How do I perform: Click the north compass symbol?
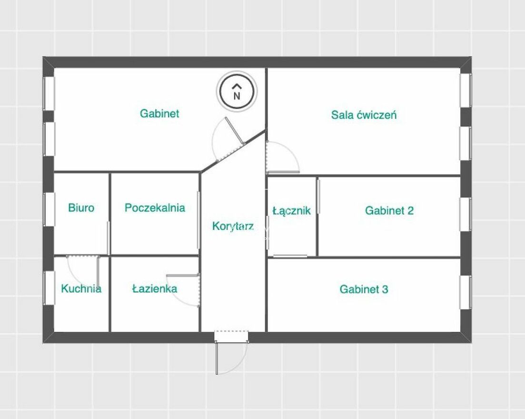(237, 91)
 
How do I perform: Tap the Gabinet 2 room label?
(389, 210)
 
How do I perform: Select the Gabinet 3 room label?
(364, 289)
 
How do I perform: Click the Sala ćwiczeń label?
(364, 115)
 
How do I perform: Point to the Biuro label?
(81, 208)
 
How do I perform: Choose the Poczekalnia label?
(155, 208)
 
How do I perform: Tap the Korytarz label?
(233, 227)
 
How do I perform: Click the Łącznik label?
(292, 210)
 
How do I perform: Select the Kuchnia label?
(81, 289)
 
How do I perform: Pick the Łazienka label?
(155, 289)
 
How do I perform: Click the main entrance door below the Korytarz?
(231, 352)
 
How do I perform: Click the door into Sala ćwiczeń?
(283, 158)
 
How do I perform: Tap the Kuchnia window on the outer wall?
(49, 288)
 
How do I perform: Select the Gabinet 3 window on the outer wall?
(466, 292)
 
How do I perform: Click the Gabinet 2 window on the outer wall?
(466, 214)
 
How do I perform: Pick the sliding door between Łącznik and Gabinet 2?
(319, 197)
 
